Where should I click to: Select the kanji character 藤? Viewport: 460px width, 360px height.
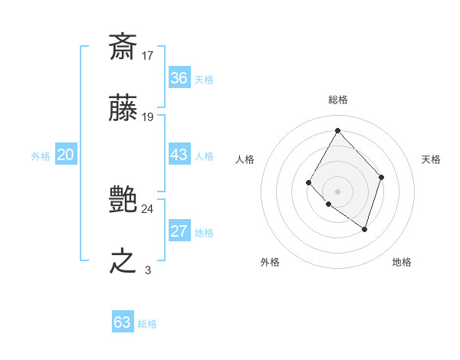pos(123,109)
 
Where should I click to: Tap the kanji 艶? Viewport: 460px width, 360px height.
pos(123,200)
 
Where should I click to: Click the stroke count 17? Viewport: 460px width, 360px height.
pos(148,55)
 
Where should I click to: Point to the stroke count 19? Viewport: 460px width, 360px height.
pos(148,117)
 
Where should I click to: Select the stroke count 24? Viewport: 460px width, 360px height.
pos(148,208)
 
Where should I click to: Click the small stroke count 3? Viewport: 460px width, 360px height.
pos(148,270)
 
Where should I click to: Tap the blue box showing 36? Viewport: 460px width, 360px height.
pos(179,78)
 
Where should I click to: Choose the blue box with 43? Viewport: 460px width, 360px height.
pos(179,155)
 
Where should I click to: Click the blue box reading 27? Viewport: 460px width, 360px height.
pos(179,232)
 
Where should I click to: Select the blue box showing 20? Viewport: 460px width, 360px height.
pos(65,155)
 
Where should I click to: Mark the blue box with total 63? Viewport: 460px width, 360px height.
pos(123,322)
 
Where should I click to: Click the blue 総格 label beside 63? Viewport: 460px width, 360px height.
pos(147,324)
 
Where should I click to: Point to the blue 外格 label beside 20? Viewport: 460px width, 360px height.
pos(41,156)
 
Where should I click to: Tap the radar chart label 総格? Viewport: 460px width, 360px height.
pos(337,100)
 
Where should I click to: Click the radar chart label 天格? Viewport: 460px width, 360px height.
pos(432,159)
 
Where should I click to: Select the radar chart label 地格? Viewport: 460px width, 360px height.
pos(402,262)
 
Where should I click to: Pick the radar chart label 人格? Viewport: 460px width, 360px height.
pos(245,159)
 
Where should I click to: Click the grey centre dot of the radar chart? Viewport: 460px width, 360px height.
pos(337,190)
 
